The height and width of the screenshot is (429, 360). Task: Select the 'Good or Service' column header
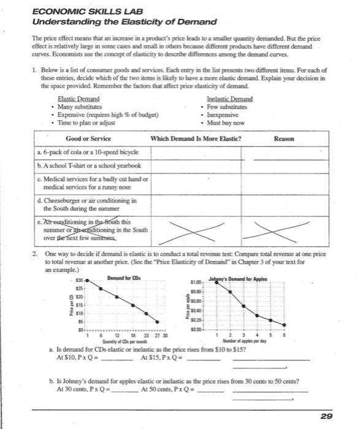click(x=88, y=139)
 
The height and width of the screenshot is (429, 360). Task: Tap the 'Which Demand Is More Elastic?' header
click(x=196, y=139)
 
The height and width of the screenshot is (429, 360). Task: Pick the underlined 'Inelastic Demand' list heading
click(x=230, y=99)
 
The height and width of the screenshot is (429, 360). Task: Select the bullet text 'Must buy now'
click(x=229, y=122)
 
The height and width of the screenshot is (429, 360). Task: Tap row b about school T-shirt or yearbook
click(x=89, y=166)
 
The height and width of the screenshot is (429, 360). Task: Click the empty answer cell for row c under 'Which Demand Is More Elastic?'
click(x=196, y=183)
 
